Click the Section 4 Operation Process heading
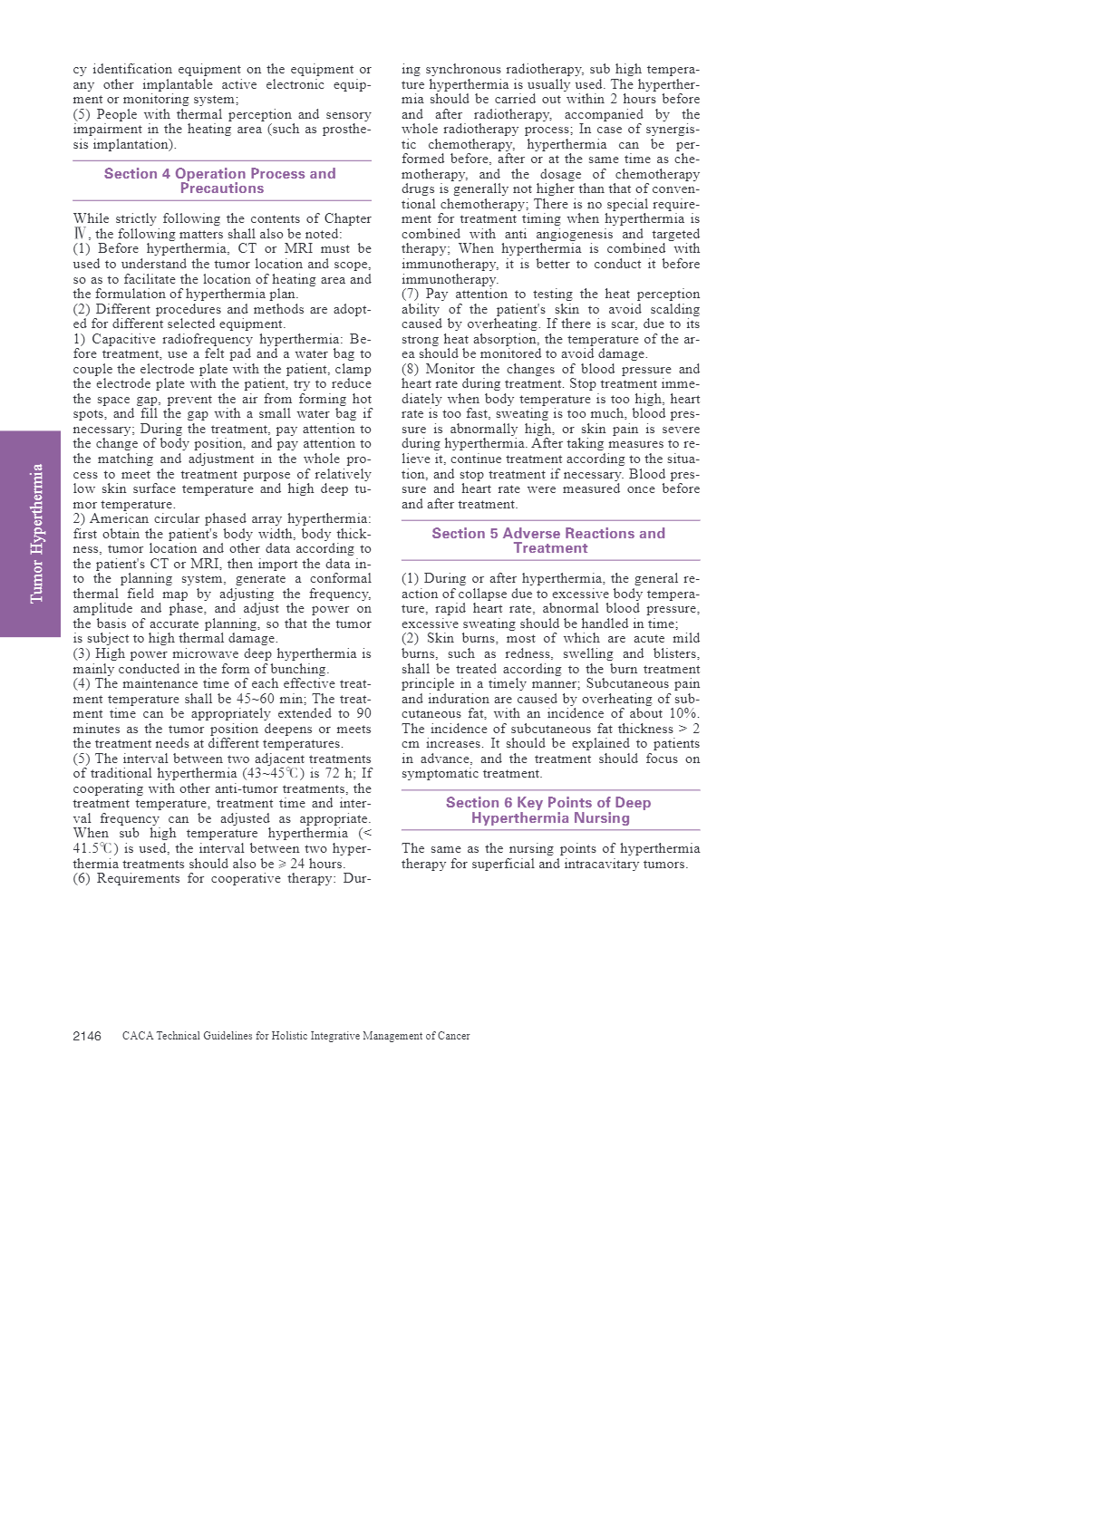coord(220,180)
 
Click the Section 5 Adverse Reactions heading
coord(549,540)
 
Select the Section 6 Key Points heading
coord(549,810)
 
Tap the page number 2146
coord(87,1036)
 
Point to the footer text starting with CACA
coord(295,1036)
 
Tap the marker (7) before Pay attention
coord(411,295)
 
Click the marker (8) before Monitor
coord(411,369)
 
